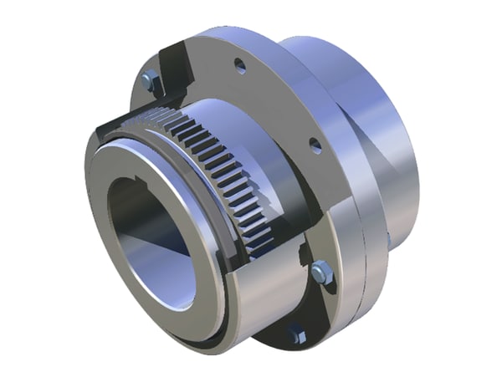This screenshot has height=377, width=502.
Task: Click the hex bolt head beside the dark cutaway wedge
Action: pyautogui.click(x=151, y=81)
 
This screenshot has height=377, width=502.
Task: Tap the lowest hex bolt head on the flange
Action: pyautogui.click(x=296, y=334)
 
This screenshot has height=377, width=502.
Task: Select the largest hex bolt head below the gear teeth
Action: pyautogui.click(x=320, y=272)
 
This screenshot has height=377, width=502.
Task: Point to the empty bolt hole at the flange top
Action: pyautogui.click(x=240, y=64)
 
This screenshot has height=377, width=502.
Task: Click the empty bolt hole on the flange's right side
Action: pyautogui.click(x=315, y=145)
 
